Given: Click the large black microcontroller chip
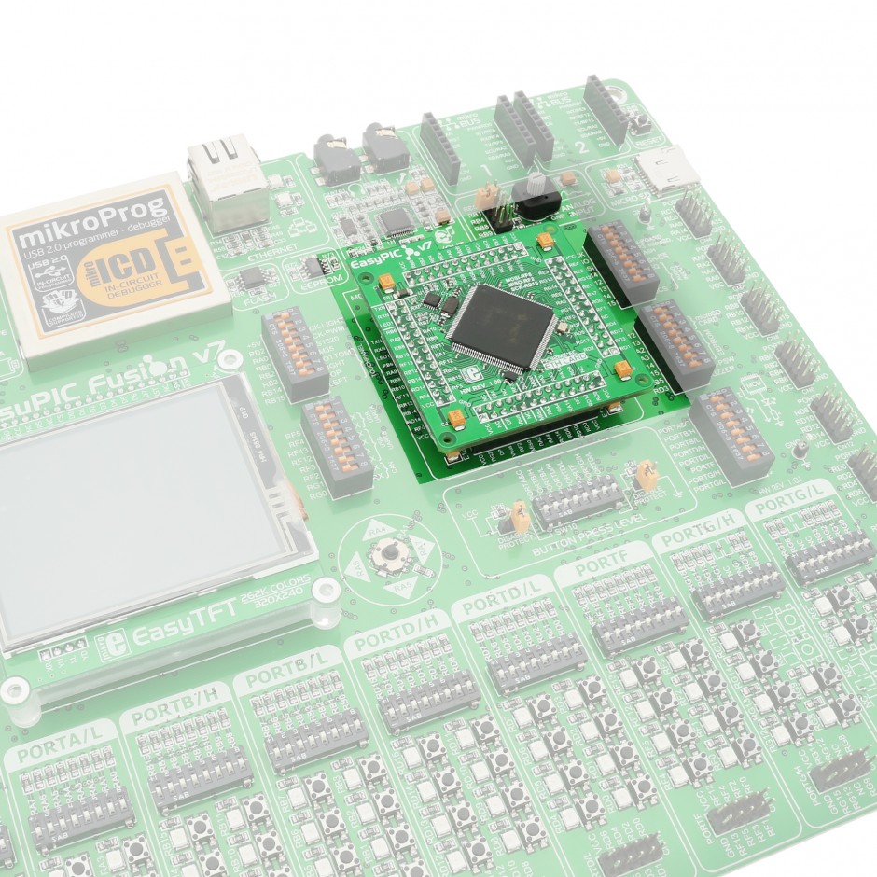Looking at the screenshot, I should click(x=505, y=327).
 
